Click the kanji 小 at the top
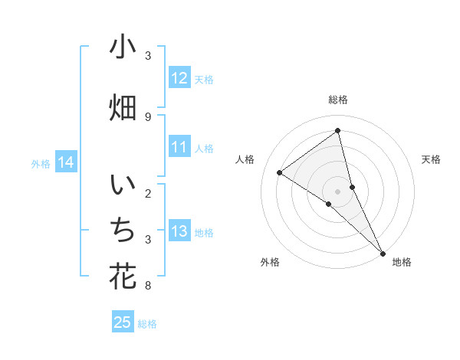pyautogui.click(x=123, y=47)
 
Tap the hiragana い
pyautogui.click(x=123, y=187)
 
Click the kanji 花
pyautogui.click(x=123, y=277)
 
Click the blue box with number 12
pyautogui.click(x=179, y=78)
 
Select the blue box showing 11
pyautogui.click(x=179, y=147)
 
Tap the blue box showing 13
pyautogui.click(x=179, y=232)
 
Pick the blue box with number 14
pyautogui.click(x=66, y=162)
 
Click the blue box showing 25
pyautogui.click(x=123, y=322)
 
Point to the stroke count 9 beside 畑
pyautogui.click(x=148, y=116)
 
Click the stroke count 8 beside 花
pyautogui.click(x=148, y=286)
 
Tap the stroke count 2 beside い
pyautogui.click(x=148, y=194)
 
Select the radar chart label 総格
pyautogui.click(x=338, y=100)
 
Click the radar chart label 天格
pyautogui.click(x=432, y=159)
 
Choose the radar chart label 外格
pyautogui.click(x=270, y=262)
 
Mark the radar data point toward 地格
pyautogui.click(x=383, y=252)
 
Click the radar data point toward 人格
pyautogui.click(x=280, y=172)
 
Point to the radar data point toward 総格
pyautogui.click(x=338, y=131)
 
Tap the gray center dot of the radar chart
pyautogui.click(x=338, y=191)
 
